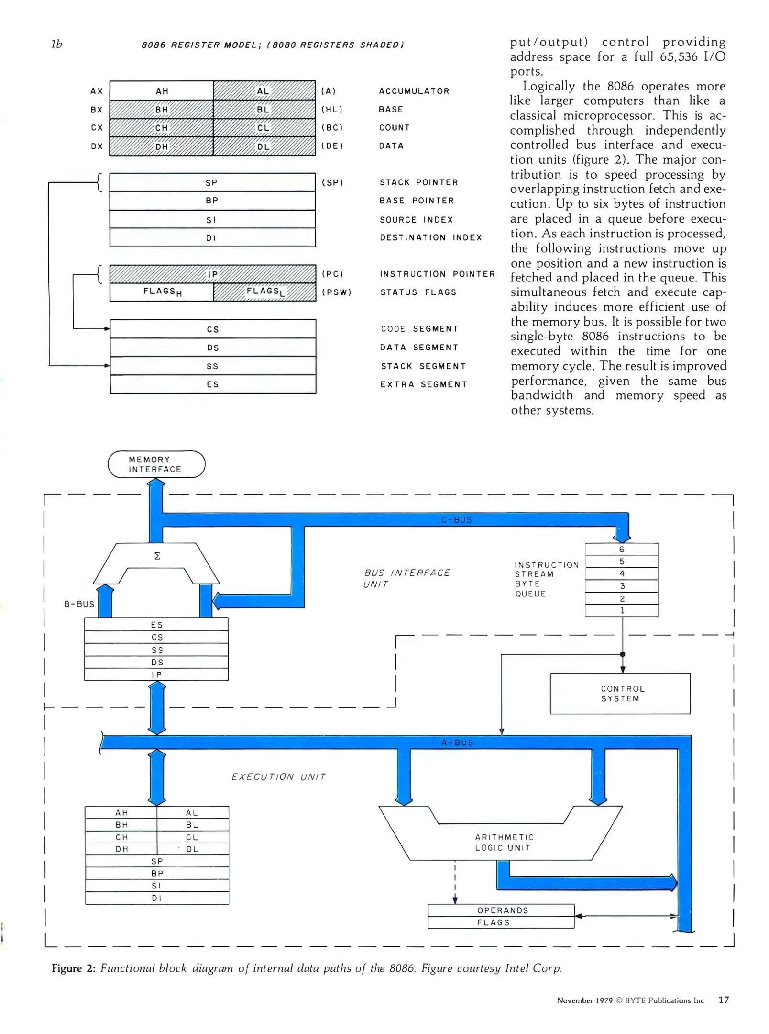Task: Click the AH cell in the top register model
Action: click(x=162, y=91)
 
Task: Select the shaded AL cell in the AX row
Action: click(x=264, y=91)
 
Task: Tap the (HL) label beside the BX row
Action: click(x=332, y=110)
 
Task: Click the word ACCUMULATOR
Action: click(x=414, y=91)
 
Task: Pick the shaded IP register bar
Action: click(x=212, y=274)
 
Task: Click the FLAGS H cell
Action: click(x=162, y=292)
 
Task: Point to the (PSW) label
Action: click(x=336, y=292)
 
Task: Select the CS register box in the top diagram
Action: click(x=212, y=329)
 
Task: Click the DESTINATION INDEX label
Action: click(x=430, y=237)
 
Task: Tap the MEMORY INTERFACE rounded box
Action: click(x=156, y=464)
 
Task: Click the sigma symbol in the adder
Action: click(x=157, y=556)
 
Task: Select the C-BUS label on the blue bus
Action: click(x=456, y=520)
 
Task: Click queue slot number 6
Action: click(x=621, y=549)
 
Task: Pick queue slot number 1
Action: click(x=622, y=610)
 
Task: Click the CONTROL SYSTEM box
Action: click(x=620, y=694)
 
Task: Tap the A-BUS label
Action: click(x=457, y=742)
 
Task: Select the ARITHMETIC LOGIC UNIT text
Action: click(x=504, y=843)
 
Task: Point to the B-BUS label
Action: click(x=79, y=604)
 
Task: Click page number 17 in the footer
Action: click(x=723, y=1000)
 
